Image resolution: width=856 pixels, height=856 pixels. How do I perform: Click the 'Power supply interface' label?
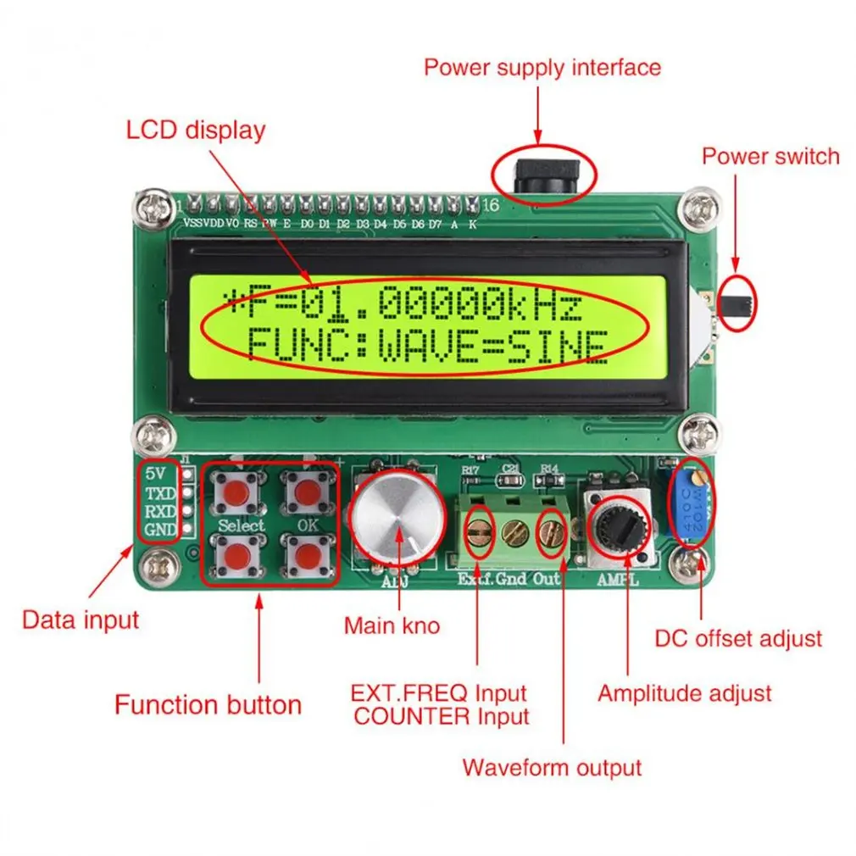click(542, 67)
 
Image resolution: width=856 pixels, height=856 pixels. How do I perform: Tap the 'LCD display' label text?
click(196, 131)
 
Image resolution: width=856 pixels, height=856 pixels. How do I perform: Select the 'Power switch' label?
click(770, 156)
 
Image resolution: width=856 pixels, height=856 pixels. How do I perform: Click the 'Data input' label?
click(80, 620)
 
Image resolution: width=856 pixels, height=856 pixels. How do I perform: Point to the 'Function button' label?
click(208, 704)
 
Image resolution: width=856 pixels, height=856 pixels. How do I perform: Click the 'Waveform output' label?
click(552, 768)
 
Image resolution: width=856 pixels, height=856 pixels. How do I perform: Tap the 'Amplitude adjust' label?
click(685, 693)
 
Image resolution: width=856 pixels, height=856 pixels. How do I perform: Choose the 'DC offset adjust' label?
click(738, 637)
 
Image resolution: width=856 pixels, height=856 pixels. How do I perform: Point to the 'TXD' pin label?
click(159, 493)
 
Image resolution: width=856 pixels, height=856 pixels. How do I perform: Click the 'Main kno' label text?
click(392, 625)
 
